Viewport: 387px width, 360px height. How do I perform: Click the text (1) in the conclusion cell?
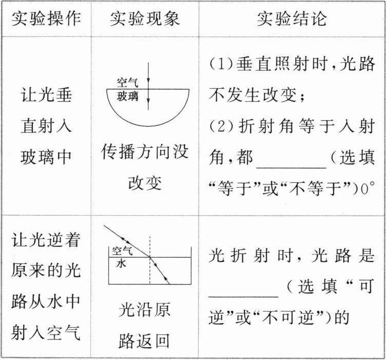point(221,65)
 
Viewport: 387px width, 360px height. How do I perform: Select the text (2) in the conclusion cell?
point(221,127)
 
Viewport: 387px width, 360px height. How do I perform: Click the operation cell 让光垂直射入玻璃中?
point(46,126)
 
